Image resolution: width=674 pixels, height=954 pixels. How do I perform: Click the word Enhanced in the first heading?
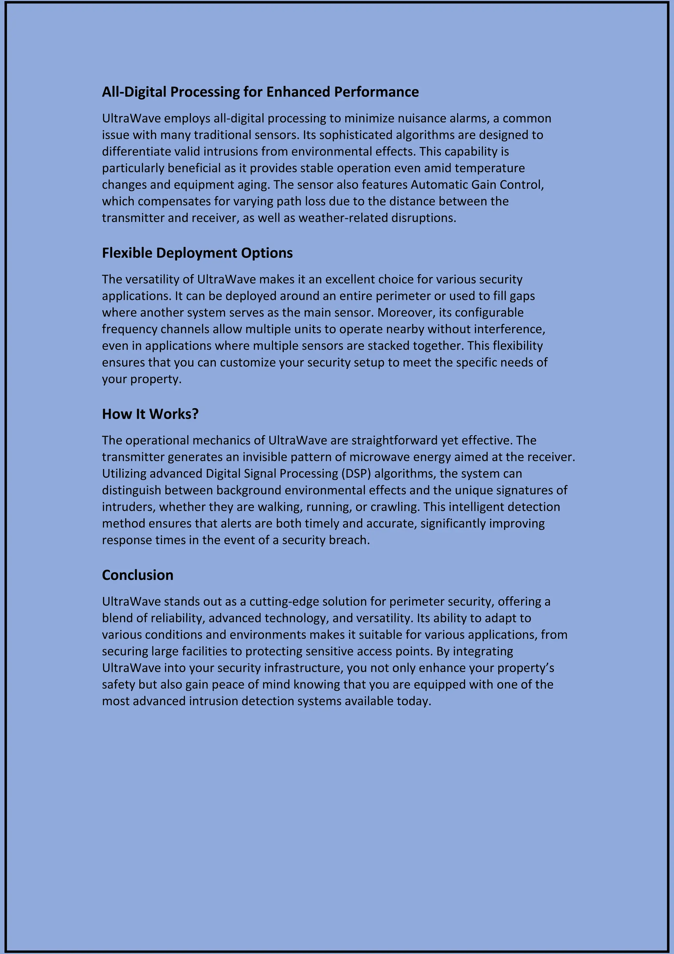[x=298, y=92]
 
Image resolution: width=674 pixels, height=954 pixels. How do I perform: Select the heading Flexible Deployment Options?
[x=197, y=253]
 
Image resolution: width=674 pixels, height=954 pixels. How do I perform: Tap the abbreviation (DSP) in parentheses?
[x=356, y=474]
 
